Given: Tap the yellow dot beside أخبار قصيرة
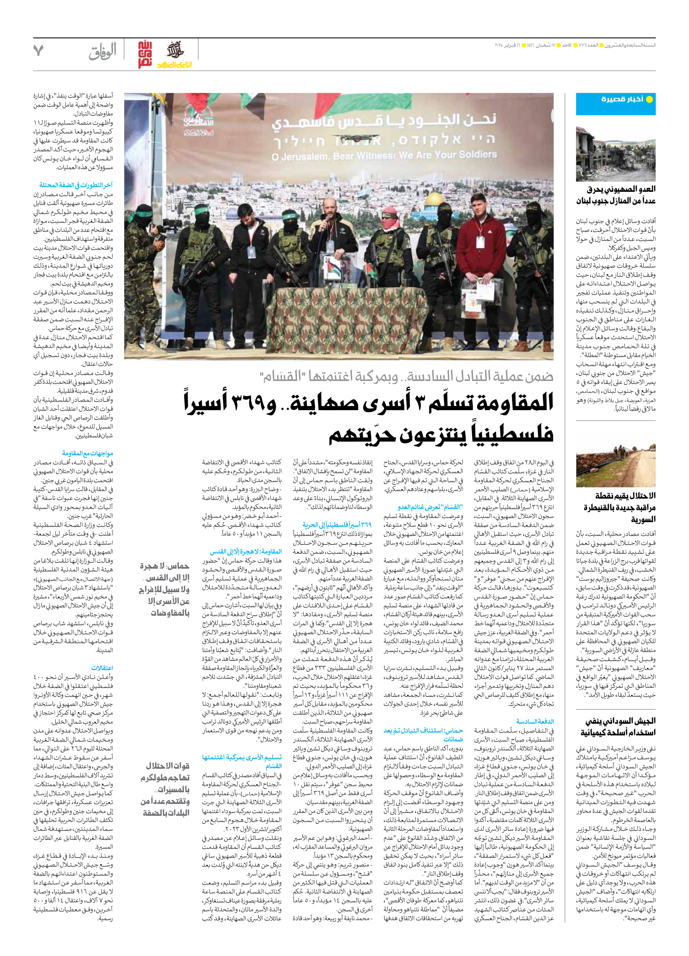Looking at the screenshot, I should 649,100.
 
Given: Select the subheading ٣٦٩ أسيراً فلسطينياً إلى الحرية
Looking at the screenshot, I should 337,524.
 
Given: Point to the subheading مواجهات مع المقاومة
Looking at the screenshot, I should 87,453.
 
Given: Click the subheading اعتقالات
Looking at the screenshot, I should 102,668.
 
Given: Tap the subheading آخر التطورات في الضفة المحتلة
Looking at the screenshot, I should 76,185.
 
